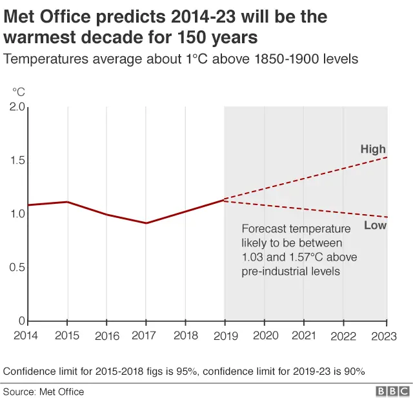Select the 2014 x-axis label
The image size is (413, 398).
pyautogui.click(x=26, y=335)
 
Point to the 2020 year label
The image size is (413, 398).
pyautogui.click(x=265, y=335)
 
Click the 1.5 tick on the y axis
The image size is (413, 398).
pyautogui.click(x=17, y=161)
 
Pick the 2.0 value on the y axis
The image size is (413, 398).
pyautogui.click(x=17, y=107)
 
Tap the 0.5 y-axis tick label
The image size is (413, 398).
pyautogui.click(x=17, y=267)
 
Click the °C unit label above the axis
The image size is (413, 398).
pyautogui.click(x=18, y=92)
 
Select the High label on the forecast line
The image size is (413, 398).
pyautogui.click(x=373, y=150)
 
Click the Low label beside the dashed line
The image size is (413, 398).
pyautogui.click(x=375, y=225)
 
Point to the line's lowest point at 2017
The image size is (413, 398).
pyautogui.click(x=146, y=223)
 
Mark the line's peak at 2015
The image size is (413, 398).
pyautogui.click(x=67, y=202)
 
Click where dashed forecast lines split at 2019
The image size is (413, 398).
pyautogui.click(x=224, y=200)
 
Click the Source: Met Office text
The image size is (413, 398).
pyautogui.click(x=44, y=391)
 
